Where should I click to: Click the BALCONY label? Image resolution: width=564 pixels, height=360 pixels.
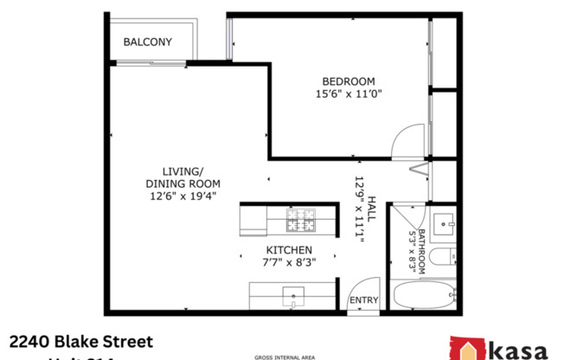click(147, 42)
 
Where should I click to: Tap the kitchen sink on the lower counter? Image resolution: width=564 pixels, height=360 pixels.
click(293, 297)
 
